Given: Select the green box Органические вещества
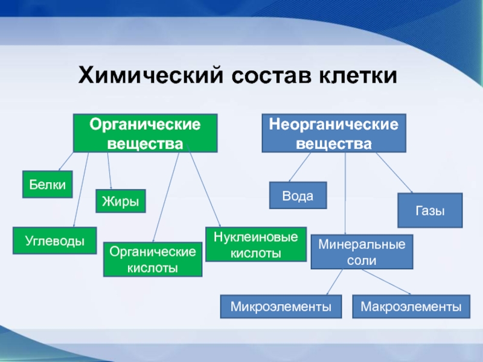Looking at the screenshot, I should [145, 133].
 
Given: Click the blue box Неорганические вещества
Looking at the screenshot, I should [334, 133].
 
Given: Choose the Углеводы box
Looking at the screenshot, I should [55, 240].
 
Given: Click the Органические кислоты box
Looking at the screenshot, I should [152, 259].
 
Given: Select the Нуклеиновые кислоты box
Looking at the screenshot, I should [256, 244].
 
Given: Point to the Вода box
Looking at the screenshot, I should [297, 195].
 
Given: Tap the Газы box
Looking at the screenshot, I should [430, 211].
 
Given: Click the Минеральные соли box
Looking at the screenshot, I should [362, 252].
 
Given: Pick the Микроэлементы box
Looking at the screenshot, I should [281, 306].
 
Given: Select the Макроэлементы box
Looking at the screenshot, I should [411, 306].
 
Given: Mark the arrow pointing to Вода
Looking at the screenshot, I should [300, 167].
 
